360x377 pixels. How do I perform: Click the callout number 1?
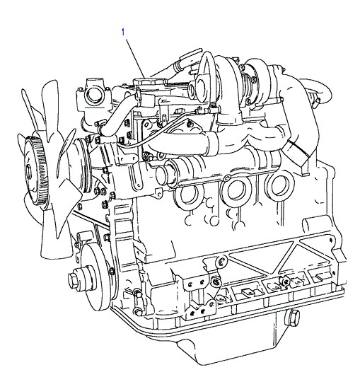[x=123, y=33]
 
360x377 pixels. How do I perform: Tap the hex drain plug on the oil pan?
[x=292, y=318]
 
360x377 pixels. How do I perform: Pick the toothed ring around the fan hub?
[x=36, y=170]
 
